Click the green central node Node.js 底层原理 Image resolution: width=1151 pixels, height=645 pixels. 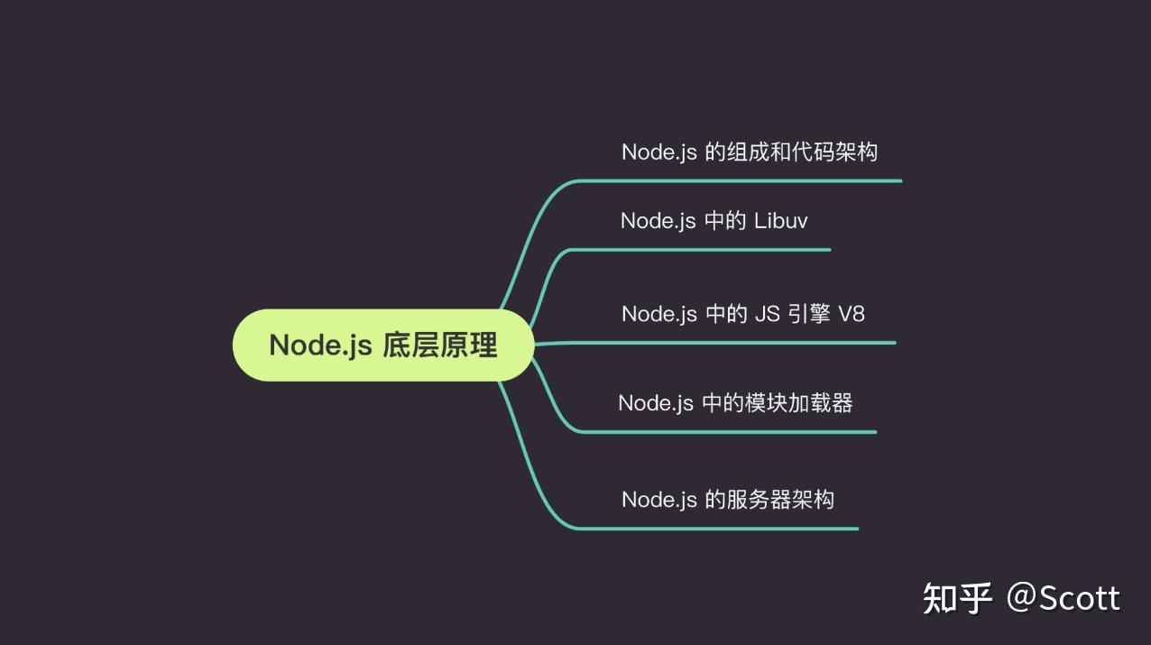click(383, 346)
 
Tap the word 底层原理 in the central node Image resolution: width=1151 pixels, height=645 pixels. click(440, 346)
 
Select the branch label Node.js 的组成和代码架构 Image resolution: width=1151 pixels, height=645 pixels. click(749, 152)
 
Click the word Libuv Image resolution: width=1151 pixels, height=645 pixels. click(780, 220)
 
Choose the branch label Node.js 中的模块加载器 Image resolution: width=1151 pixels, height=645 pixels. click(735, 402)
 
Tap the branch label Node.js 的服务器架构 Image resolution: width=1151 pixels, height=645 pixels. click(727, 499)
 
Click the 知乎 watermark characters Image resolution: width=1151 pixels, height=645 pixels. click(957, 598)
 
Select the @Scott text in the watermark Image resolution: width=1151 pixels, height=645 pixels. click(1064, 598)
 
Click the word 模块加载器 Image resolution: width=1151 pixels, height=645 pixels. click(798, 402)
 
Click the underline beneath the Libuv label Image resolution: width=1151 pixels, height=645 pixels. click(704, 250)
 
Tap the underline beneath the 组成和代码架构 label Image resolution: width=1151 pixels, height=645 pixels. click(740, 180)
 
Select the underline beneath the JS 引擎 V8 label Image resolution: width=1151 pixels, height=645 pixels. click(731, 343)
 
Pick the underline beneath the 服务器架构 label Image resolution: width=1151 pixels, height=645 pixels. click(722, 529)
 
